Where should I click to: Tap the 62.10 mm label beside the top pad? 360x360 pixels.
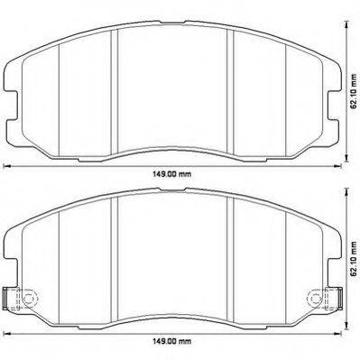click(354, 91)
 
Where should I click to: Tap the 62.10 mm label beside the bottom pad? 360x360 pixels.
click(354, 259)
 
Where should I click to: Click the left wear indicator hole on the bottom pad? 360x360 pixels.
click(28, 298)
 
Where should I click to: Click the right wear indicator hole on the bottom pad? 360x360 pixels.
click(316, 298)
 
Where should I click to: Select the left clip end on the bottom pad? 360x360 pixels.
click(5, 298)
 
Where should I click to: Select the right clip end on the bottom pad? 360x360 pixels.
click(339, 298)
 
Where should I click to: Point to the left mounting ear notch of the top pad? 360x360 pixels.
click(12, 106)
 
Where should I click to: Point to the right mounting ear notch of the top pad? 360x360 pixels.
click(333, 106)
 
